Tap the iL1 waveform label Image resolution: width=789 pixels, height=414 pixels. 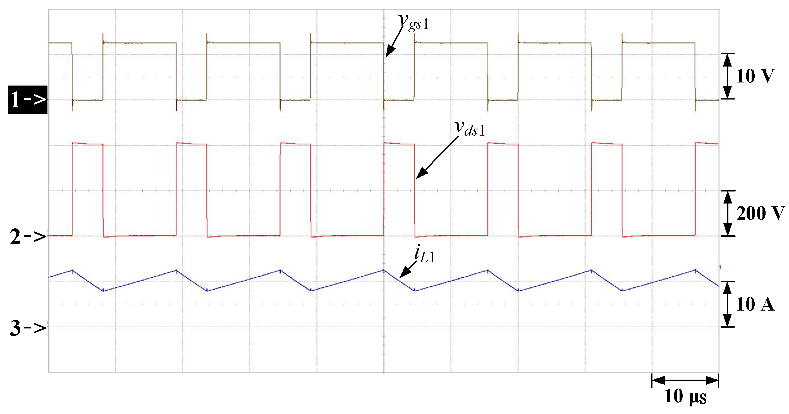(x=424, y=255)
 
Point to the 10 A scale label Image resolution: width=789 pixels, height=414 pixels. (x=755, y=304)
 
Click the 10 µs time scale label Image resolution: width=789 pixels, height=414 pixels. (x=685, y=396)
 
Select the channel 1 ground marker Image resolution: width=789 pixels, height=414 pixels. (x=28, y=100)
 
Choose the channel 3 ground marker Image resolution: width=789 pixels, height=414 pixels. (x=28, y=328)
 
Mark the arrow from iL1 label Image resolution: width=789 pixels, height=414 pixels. (x=408, y=269)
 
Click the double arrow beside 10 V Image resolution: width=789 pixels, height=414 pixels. (x=727, y=76)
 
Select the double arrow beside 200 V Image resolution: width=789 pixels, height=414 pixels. (x=727, y=213)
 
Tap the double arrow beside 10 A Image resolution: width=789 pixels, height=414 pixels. (x=727, y=304)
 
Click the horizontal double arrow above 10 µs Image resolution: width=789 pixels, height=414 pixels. (x=685, y=380)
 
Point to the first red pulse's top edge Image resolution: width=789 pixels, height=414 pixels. (x=88, y=143)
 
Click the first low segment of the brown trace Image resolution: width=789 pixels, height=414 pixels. (x=88, y=100)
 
